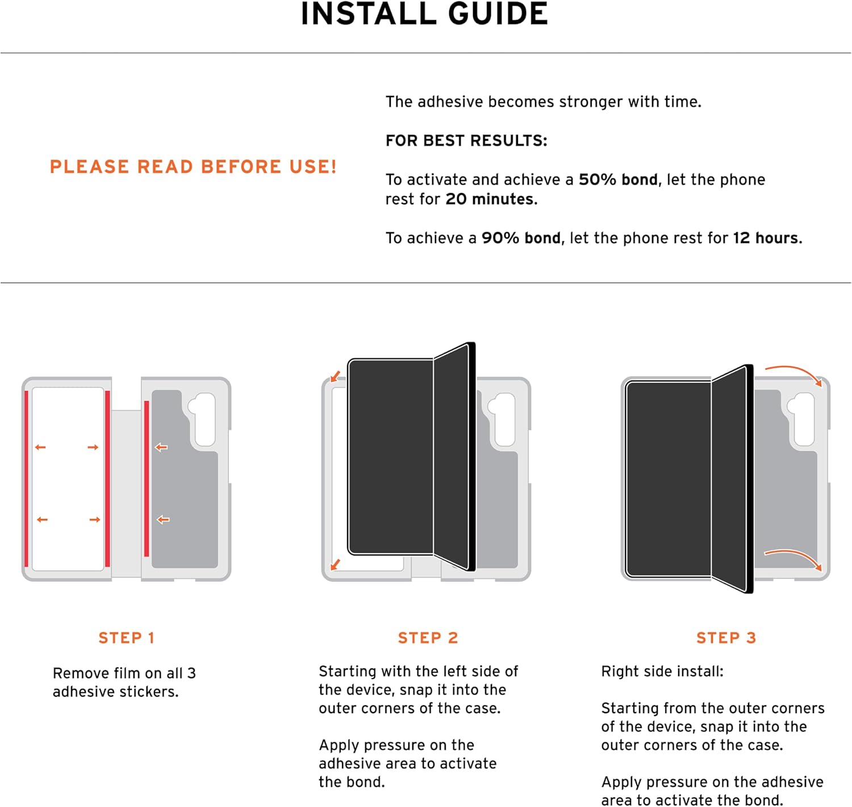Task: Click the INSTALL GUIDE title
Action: click(424, 14)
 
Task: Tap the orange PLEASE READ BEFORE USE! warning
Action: click(193, 167)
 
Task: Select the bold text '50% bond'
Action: click(618, 179)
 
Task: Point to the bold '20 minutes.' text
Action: click(491, 199)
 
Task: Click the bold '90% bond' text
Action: click(521, 238)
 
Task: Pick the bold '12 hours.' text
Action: click(767, 238)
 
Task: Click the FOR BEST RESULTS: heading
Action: click(466, 140)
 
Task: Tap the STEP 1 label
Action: click(126, 638)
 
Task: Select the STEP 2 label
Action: click(428, 638)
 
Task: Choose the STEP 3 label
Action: click(726, 638)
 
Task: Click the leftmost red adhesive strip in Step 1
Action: click(27, 479)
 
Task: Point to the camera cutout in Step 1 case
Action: click(203, 419)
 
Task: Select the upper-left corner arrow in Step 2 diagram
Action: click(336, 376)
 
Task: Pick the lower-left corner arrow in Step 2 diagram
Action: click(336, 565)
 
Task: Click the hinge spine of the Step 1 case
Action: click(126, 494)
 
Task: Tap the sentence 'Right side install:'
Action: click(662, 671)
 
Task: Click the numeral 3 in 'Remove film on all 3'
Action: click(191, 673)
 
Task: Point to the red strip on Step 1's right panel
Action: click(147, 479)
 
